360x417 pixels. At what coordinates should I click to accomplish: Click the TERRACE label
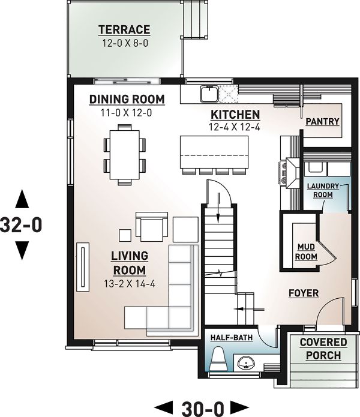pos(124,29)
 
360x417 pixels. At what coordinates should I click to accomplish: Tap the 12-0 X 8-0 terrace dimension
pos(124,43)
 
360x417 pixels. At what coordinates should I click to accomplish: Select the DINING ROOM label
pos(126,99)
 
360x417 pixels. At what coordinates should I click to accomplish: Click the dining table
pos(125,154)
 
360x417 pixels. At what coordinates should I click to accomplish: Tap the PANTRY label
pos(322,121)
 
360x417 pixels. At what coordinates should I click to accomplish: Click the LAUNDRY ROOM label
pos(323,190)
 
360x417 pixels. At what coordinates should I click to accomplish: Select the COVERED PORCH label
pos(323,349)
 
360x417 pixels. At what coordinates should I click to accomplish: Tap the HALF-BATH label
pos(232,338)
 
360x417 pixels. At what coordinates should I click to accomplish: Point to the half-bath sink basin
pos(247,362)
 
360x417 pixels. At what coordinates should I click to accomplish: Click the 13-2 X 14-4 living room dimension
pos(129,284)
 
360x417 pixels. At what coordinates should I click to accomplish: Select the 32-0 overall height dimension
pos(22,225)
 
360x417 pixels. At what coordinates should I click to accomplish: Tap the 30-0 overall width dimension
pos(200,408)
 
